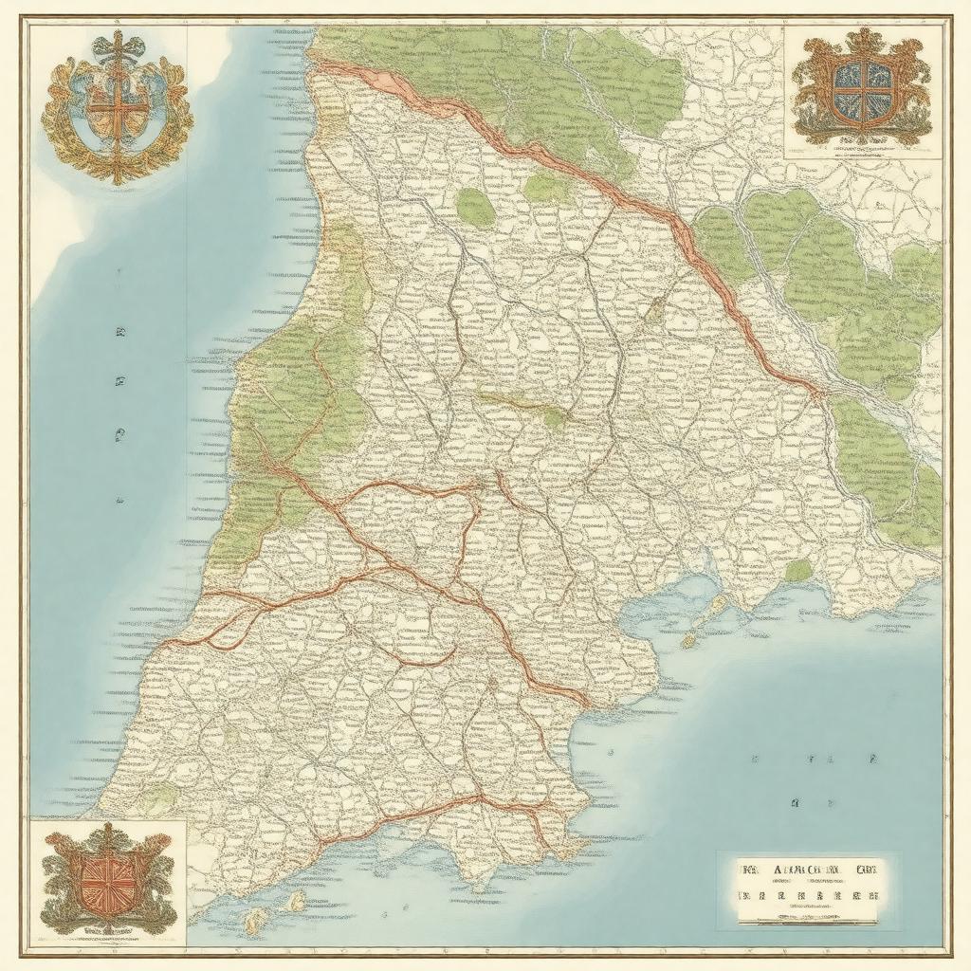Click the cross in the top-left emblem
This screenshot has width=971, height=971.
click(117, 104)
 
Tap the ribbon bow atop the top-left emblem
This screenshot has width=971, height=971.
click(117, 43)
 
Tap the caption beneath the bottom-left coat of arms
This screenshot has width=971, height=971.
click(106, 933)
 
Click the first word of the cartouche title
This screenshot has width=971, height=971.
click(749, 869)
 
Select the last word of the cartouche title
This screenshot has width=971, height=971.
click(864, 869)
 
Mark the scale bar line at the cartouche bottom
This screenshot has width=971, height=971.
click(807, 917)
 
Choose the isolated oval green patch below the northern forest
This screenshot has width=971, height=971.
click(475, 208)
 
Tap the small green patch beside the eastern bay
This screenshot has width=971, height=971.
click(798, 570)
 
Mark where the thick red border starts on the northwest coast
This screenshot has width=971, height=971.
click(321, 65)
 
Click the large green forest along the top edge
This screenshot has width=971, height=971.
click(531, 76)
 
